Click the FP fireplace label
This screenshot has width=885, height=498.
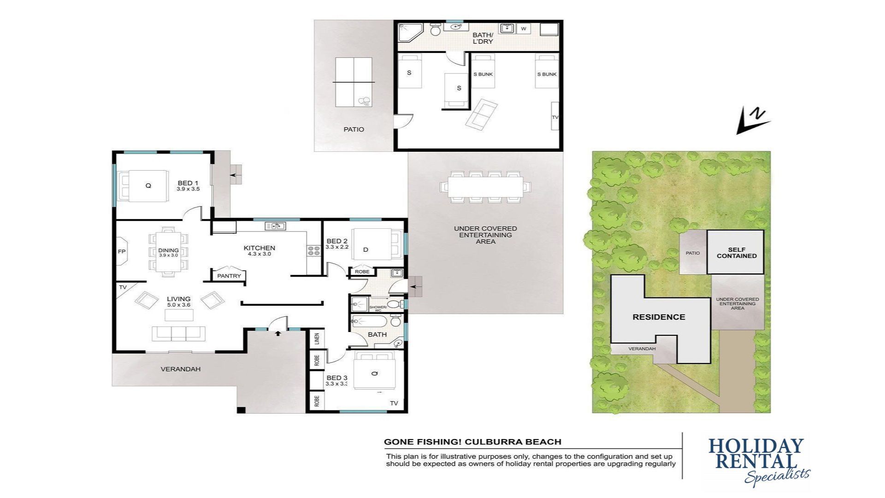tap(122, 252)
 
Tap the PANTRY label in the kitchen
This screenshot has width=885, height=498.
tap(229, 276)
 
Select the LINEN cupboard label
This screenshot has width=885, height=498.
tap(317, 339)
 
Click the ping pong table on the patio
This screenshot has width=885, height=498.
tap(354, 82)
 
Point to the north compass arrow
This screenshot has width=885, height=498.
tap(753, 121)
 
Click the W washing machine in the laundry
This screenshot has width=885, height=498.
tap(523, 29)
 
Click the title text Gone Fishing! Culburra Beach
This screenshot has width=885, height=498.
tap(472, 442)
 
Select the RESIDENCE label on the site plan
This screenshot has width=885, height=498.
tap(659, 317)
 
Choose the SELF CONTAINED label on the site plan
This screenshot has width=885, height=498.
tap(737, 253)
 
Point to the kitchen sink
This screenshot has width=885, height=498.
tap(275, 226)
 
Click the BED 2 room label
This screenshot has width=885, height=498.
tap(336, 241)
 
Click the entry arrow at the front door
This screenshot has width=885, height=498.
tap(278, 333)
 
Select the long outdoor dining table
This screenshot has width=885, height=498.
tap(485, 187)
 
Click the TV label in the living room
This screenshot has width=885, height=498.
tap(123, 287)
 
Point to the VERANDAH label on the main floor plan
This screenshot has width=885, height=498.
tap(180, 369)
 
